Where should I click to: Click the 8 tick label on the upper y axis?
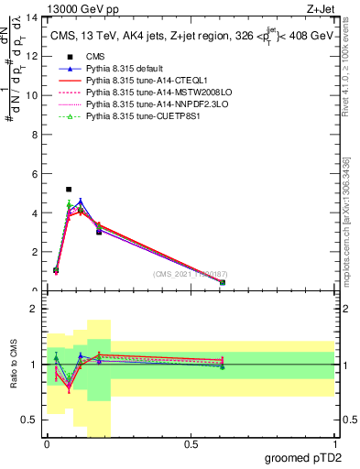coord(35,135)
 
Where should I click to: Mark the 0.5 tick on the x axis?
coord(191,442)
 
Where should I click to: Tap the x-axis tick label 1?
coord(334,442)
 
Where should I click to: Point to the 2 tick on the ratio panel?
coord(35,310)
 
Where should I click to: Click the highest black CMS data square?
coord(69,190)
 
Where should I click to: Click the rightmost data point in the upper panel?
coord(223,283)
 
